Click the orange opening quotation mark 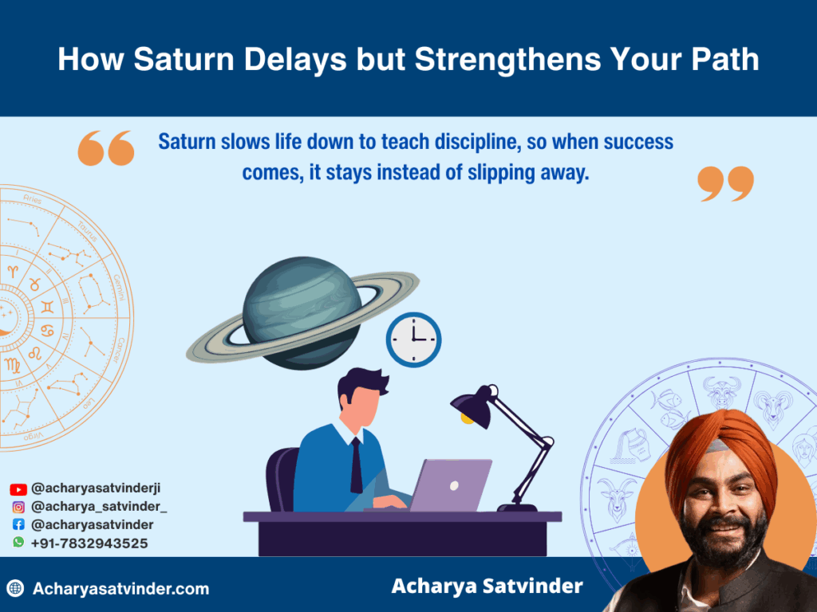tap(105, 149)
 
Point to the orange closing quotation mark tap(725, 183)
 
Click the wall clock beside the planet tap(413, 339)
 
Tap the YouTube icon tap(18, 489)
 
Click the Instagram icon tap(18, 507)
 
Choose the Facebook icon tap(18, 524)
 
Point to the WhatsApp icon tap(18, 542)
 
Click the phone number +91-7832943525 tap(89, 543)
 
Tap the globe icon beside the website tap(15, 589)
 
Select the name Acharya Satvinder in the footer tap(487, 586)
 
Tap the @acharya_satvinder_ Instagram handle tap(99, 507)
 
